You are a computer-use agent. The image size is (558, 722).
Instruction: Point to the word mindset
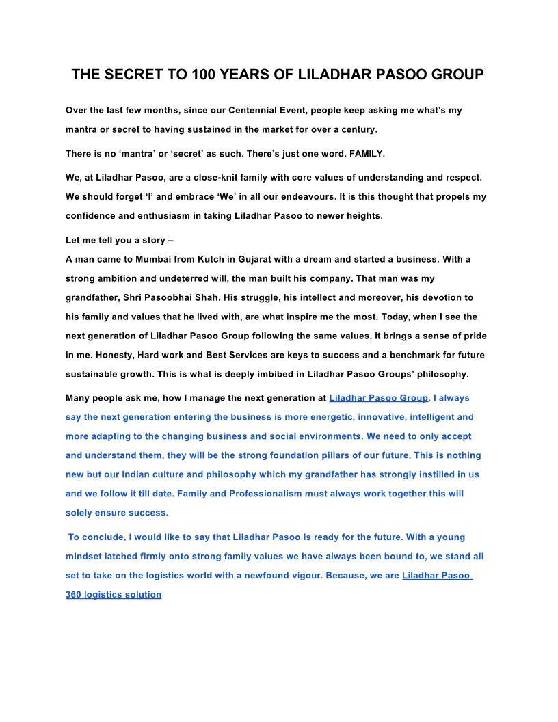88,556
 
